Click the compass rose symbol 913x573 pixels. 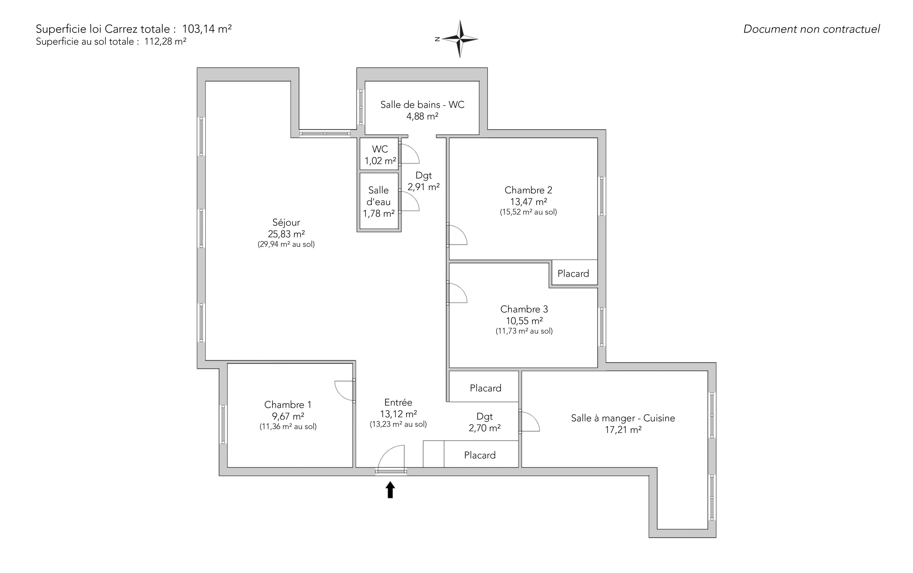[460, 39]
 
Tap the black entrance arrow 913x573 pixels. [390, 490]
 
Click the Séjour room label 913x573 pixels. [286, 223]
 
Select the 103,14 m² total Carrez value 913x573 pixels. [207, 29]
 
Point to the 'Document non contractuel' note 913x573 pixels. [811, 29]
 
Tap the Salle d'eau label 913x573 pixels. [378, 196]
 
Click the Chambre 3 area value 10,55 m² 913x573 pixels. [524, 321]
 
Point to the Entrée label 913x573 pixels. [398, 403]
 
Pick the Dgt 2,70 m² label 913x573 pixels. [485, 422]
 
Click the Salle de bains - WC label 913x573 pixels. [422, 104]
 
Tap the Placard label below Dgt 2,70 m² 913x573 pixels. [480, 455]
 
